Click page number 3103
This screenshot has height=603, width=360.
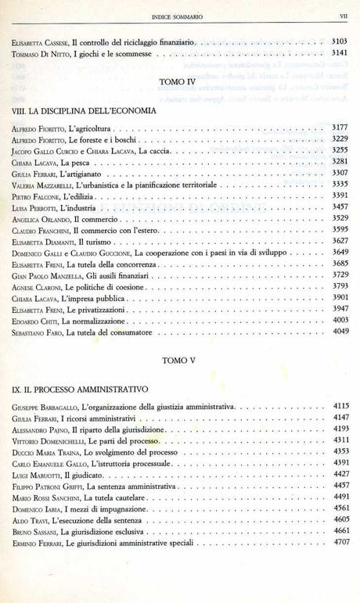(340, 41)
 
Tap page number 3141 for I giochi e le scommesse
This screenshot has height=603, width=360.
(340, 53)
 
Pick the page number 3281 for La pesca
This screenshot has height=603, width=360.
(340, 161)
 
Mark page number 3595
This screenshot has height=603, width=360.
(340, 229)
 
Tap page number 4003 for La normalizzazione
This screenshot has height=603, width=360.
(340, 320)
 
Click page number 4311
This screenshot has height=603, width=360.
(340, 440)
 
